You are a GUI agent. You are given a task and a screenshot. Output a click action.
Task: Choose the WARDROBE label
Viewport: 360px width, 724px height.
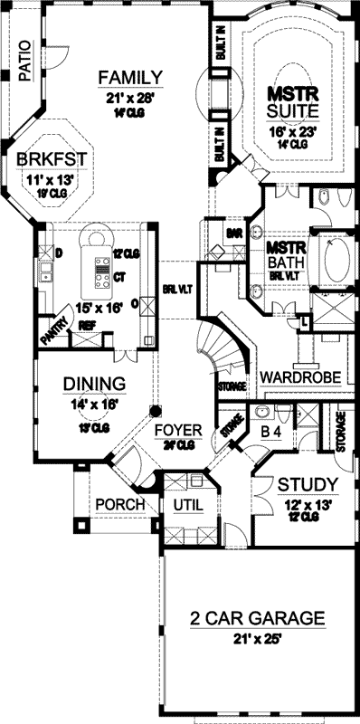[x=291, y=376]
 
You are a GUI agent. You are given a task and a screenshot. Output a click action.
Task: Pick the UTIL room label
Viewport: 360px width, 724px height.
[x=189, y=503]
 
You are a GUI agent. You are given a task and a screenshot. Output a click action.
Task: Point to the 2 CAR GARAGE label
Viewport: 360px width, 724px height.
[x=258, y=619]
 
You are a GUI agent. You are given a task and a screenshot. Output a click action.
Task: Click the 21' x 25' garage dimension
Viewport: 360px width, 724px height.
[x=258, y=640]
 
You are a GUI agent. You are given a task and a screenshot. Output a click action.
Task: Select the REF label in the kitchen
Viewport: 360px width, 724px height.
[x=88, y=323]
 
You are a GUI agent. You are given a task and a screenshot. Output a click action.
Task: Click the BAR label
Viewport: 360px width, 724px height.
[x=233, y=233]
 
